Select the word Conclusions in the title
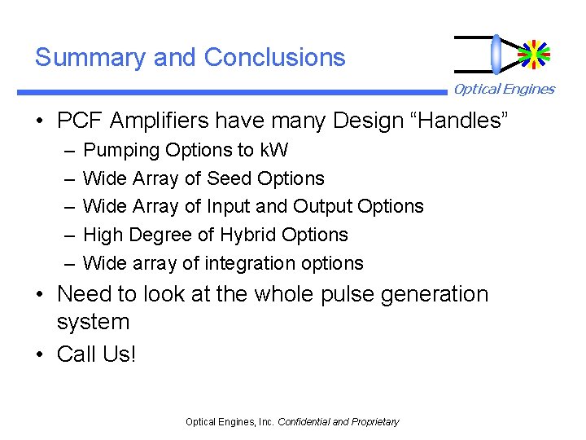pyautogui.click(x=275, y=58)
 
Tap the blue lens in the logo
pyautogui.click(x=496, y=54)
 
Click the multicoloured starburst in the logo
pyautogui.click(x=534, y=54)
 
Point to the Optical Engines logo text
pyautogui.click(x=504, y=90)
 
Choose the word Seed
pyautogui.click(x=230, y=178)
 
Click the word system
pyautogui.click(x=93, y=323)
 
